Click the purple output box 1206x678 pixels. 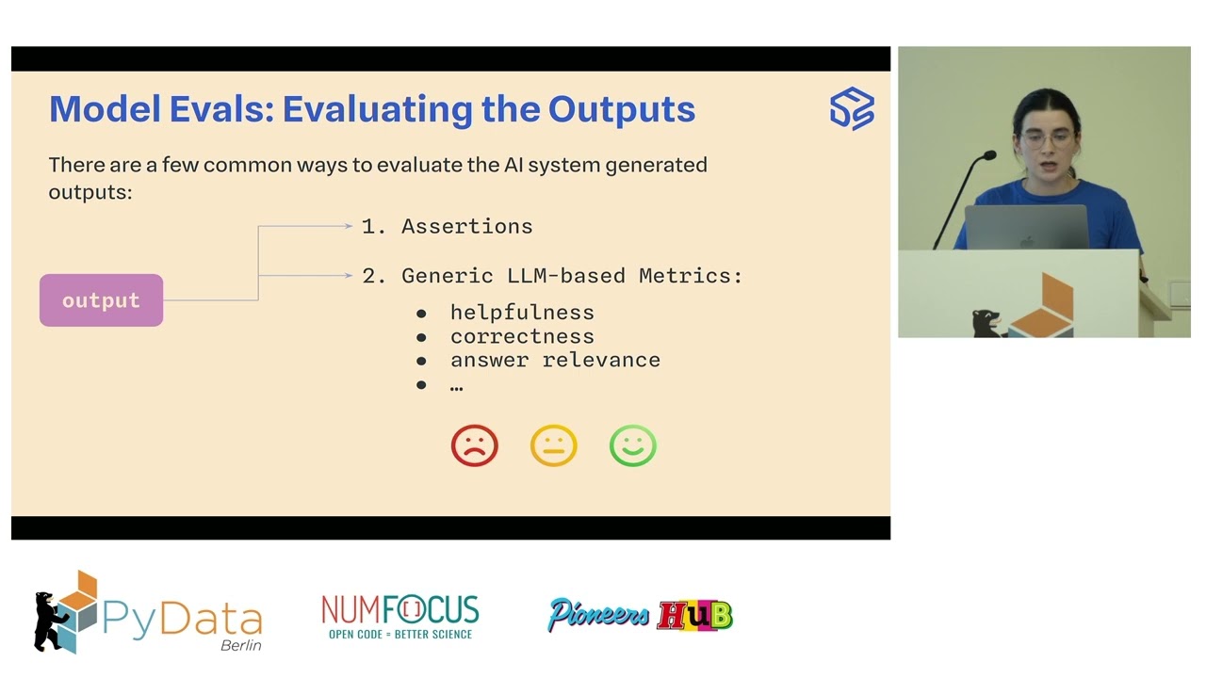(x=101, y=300)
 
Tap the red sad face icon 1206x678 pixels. (x=474, y=445)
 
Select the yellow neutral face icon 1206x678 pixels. (x=553, y=445)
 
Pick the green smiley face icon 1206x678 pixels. (x=632, y=445)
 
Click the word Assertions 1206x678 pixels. (x=466, y=226)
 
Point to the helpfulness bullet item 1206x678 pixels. (x=522, y=313)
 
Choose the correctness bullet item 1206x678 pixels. (x=522, y=336)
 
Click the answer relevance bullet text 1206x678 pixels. (x=555, y=360)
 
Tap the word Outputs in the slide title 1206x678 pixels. (x=622, y=109)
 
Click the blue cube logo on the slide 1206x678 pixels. (x=852, y=108)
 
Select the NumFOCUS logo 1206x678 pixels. (x=399, y=617)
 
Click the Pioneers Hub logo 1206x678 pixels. (x=641, y=616)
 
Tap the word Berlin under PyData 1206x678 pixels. (x=240, y=645)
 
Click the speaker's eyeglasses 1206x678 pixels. (x=1046, y=139)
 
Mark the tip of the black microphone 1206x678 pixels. (x=988, y=155)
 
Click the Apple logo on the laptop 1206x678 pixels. (x=1026, y=240)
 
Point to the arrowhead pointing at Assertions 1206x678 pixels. (x=348, y=226)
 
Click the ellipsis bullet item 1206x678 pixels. (x=456, y=385)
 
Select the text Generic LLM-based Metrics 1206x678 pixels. (x=572, y=276)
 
